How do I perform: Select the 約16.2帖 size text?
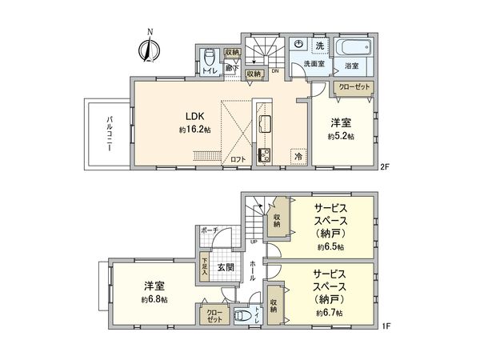click(x=194, y=129)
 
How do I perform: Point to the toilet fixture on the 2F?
click(x=209, y=58)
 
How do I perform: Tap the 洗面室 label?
click(x=311, y=64)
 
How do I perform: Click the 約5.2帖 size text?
click(x=341, y=137)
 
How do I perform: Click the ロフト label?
click(x=238, y=159)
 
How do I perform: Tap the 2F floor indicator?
click(x=384, y=167)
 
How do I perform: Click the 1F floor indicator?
click(x=384, y=326)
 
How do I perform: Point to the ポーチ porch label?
click(x=210, y=230)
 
